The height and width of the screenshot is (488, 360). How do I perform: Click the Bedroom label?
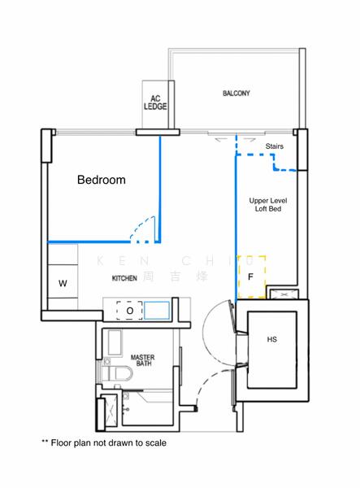[x=101, y=180]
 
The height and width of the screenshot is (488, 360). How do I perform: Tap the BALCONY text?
[x=236, y=94]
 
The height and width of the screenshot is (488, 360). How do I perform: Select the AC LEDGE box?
[x=154, y=102]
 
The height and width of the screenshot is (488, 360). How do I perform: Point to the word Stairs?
[x=275, y=146]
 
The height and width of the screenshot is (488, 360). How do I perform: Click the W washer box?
[x=63, y=284]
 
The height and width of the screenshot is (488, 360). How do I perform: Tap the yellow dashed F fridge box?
[x=251, y=276]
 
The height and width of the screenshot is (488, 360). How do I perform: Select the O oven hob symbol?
[x=129, y=310]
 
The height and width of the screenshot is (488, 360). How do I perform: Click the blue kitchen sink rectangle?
[x=157, y=310]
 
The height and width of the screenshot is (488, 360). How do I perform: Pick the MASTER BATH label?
[x=143, y=360]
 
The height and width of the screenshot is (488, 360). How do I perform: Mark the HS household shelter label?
[x=271, y=340]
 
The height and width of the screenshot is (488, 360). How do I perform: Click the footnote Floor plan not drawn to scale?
[x=103, y=444]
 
